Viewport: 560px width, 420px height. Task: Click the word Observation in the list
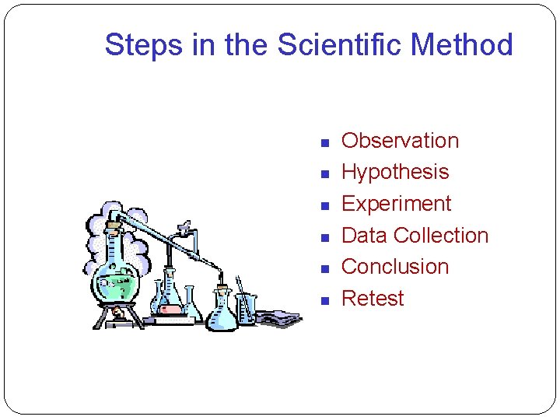pos(400,141)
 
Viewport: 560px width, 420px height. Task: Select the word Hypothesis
pos(395,172)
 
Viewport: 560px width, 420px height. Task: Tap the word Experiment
pos(396,204)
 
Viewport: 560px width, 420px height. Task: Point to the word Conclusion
pos(395,267)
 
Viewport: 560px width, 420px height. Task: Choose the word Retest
pos(373,299)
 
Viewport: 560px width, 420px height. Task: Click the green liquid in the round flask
pos(116,284)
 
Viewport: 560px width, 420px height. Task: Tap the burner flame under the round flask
pos(117,312)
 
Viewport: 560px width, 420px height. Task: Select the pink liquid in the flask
pos(170,309)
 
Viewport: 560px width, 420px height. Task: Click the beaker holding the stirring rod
pos(246,309)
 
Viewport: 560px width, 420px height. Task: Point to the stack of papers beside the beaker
pos(278,317)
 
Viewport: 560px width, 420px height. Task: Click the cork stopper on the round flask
pos(114,226)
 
